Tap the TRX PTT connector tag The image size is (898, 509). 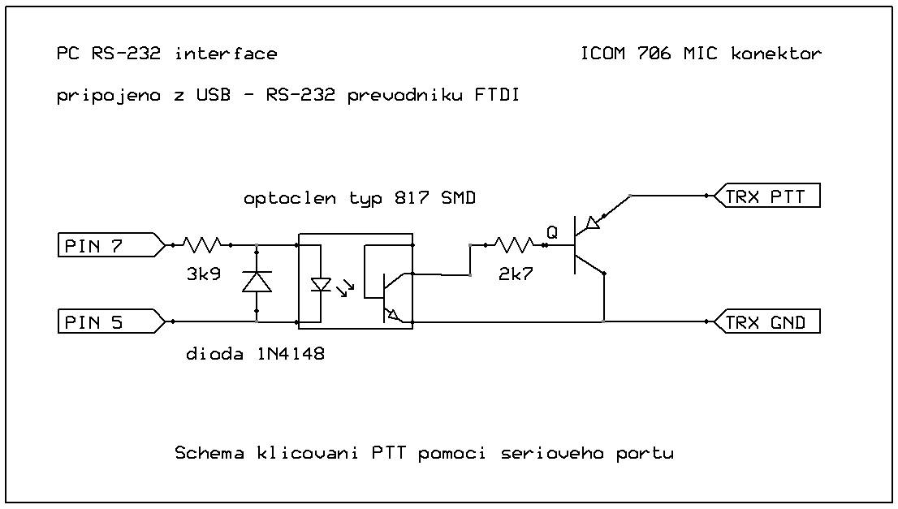[x=767, y=196]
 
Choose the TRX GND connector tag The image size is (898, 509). [x=767, y=322]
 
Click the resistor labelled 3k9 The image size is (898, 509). [x=202, y=244]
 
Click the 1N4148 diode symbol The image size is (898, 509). [x=257, y=282]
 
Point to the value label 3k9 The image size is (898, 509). [x=203, y=275]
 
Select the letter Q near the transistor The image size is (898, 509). [x=552, y=232]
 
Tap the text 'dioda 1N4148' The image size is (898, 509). [x=256, y=354]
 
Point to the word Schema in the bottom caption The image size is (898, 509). [x=209, y=453]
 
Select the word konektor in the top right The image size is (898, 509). [x=776, y=54]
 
